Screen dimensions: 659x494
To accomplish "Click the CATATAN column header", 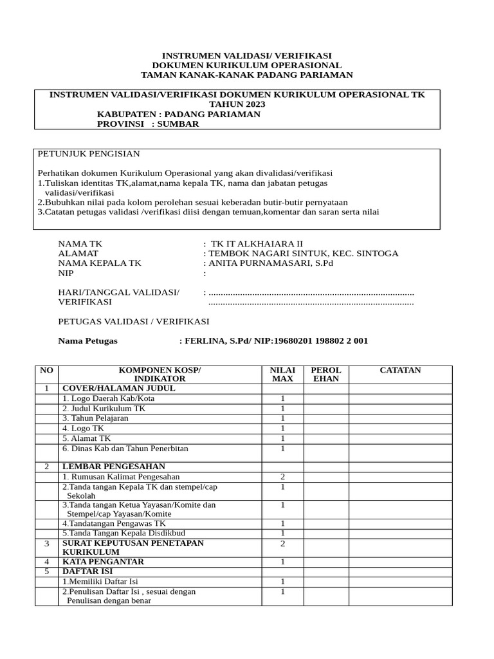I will [400, 370].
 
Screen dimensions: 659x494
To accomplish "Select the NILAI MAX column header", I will [282, 375].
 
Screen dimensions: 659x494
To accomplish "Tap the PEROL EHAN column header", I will [326, 375].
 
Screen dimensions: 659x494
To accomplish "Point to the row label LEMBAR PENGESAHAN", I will [113, 466].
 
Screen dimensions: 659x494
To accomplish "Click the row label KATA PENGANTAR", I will [103, 561].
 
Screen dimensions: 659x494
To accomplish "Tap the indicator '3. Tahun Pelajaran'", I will [95, 418].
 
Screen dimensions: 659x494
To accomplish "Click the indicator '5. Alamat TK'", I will [87, 438].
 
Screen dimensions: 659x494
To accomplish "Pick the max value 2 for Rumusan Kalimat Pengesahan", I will [282, 477].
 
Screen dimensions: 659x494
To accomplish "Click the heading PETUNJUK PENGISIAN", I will [89, 154].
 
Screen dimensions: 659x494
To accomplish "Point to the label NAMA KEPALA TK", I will [100, 263].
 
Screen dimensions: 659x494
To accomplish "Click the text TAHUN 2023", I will [237, 104].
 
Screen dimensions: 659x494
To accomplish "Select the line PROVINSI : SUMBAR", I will [148, 124].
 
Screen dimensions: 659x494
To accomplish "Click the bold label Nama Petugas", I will [88, 341].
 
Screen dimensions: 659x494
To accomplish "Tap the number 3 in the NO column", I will [46, 543].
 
